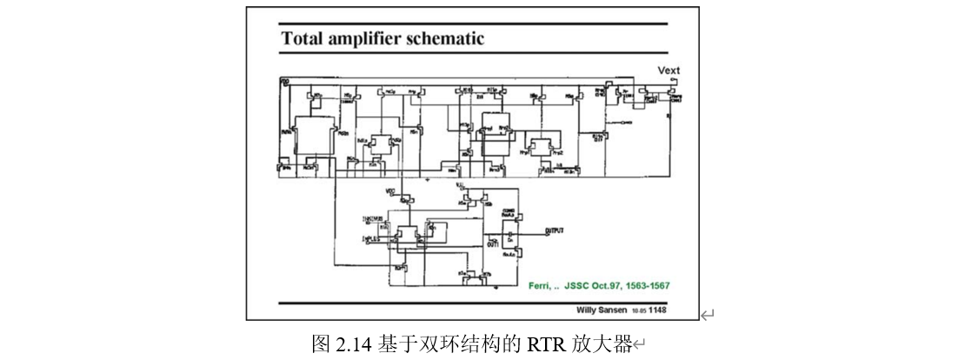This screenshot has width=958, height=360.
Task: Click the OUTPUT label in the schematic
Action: [555, 230]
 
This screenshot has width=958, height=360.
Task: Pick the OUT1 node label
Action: [496, 246]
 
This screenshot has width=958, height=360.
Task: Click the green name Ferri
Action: [542, 285]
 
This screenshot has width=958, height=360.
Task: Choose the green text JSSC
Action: [577, 285]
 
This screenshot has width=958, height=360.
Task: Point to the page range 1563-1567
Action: [649, 285]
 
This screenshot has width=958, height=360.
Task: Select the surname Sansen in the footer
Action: [617, 310]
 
